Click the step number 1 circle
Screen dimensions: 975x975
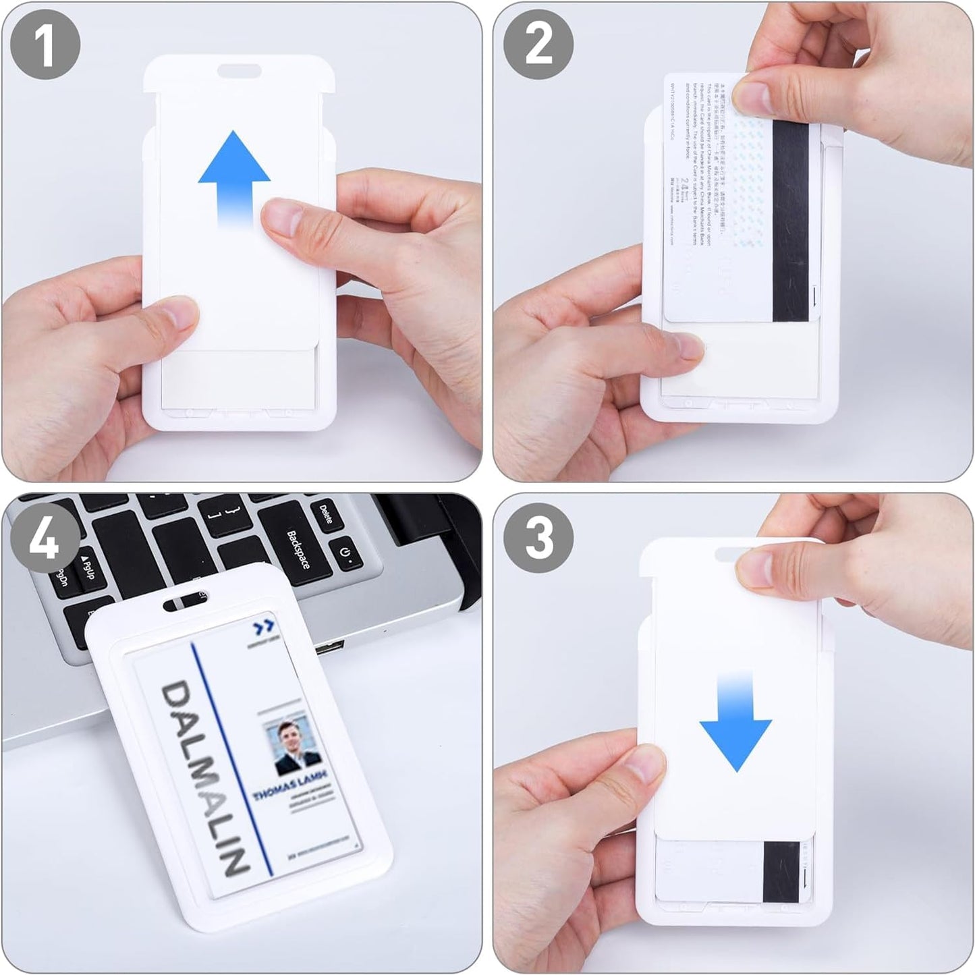tap(45, 45)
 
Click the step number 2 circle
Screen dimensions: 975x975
tap(538, 45)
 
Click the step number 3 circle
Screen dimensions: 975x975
tap(538, 538)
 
